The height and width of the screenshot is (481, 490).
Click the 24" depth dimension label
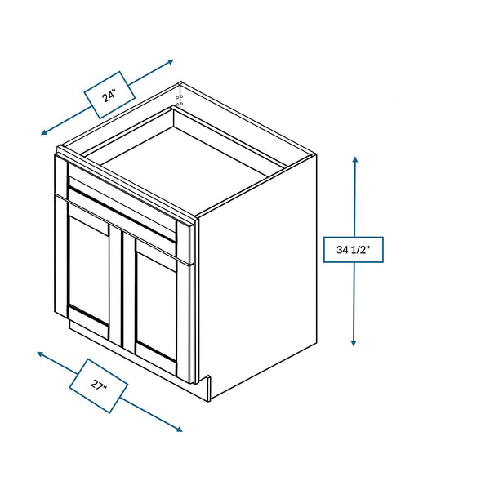pos(109,95)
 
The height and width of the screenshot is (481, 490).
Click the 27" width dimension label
pos(99,385)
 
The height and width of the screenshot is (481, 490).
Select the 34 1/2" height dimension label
pos(354,249)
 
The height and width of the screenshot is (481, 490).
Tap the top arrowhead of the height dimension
pos(355,159)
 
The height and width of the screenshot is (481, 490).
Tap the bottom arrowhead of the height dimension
pos(354,342)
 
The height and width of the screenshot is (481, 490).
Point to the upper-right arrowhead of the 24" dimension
pos(170,61)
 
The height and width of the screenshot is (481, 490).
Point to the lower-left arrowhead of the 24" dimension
pos(44,132)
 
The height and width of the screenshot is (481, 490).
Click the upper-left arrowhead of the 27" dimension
pos(41,354)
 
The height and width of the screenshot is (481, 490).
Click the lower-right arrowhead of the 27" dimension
pos(179,430)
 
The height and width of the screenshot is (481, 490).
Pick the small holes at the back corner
pos(180,100)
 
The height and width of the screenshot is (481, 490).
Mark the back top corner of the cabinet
pos(180,82)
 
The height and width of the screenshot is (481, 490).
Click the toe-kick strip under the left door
pos(89,331)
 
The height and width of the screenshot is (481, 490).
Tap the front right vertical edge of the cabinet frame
pos(196,300)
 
